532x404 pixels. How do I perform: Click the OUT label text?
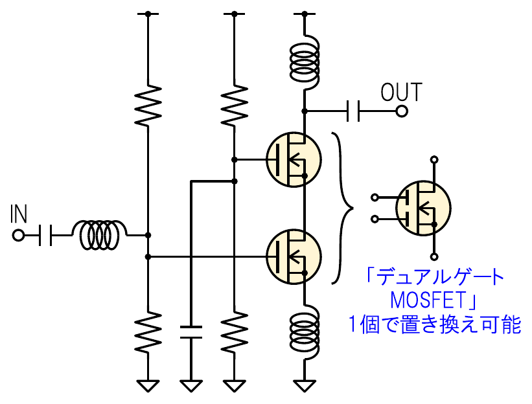pos(401,93)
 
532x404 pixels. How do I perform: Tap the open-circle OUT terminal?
pos(402,111)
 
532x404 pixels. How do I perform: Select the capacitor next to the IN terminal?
pos(45,235)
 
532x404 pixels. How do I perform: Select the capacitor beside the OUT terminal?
pos(354,111)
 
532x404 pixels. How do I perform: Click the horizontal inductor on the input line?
pos(101,235)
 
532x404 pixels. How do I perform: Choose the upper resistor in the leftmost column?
pos(148,105)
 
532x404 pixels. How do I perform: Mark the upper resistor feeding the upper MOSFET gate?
pos(234,105)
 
